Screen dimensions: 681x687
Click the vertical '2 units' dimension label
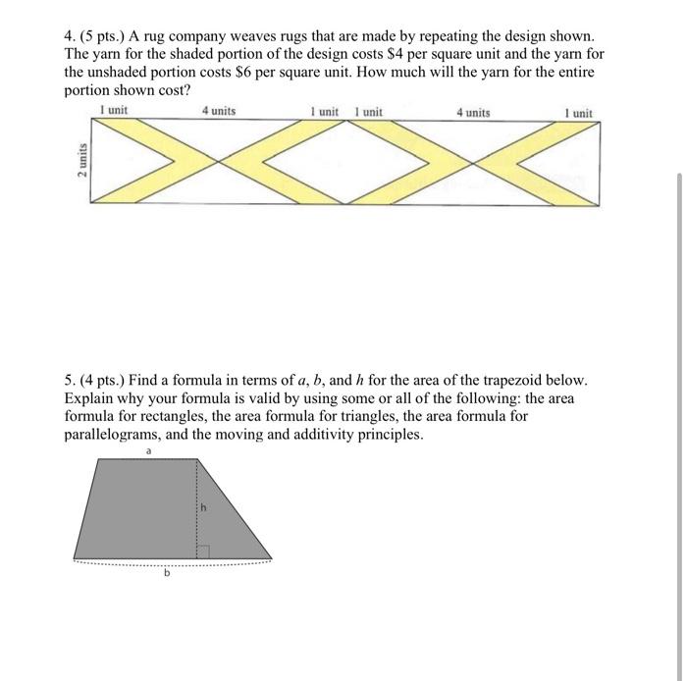(80, 161)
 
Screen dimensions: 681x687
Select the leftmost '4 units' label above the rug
(218, 112)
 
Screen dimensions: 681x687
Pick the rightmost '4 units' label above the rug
(473, 113)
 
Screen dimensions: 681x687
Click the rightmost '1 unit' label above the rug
(578, 113)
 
